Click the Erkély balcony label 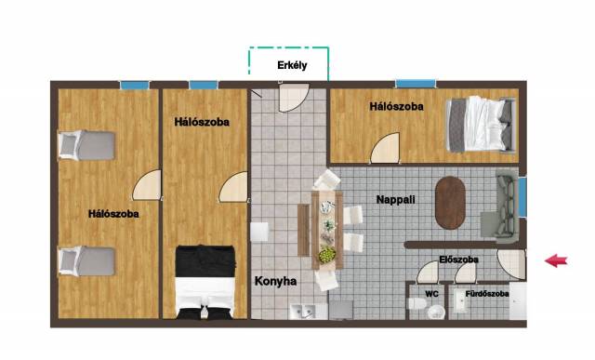(292, 65)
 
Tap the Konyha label (275, 281)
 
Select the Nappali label (395, 200)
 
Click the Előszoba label (458, 260)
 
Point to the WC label (431, 294)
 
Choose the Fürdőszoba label (487, 294)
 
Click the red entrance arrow (556, 260)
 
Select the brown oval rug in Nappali (450, 203)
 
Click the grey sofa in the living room (507, 207)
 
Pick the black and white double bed (205, 282)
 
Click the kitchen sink (303, 311)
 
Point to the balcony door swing (294, 98)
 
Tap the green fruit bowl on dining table (327, 255)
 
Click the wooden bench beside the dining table (303, 231)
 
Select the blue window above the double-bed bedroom (416, 84)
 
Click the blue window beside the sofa (522, 196)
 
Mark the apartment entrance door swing (511, 264)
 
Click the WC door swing (428, 273)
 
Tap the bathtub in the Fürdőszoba (460, 302)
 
